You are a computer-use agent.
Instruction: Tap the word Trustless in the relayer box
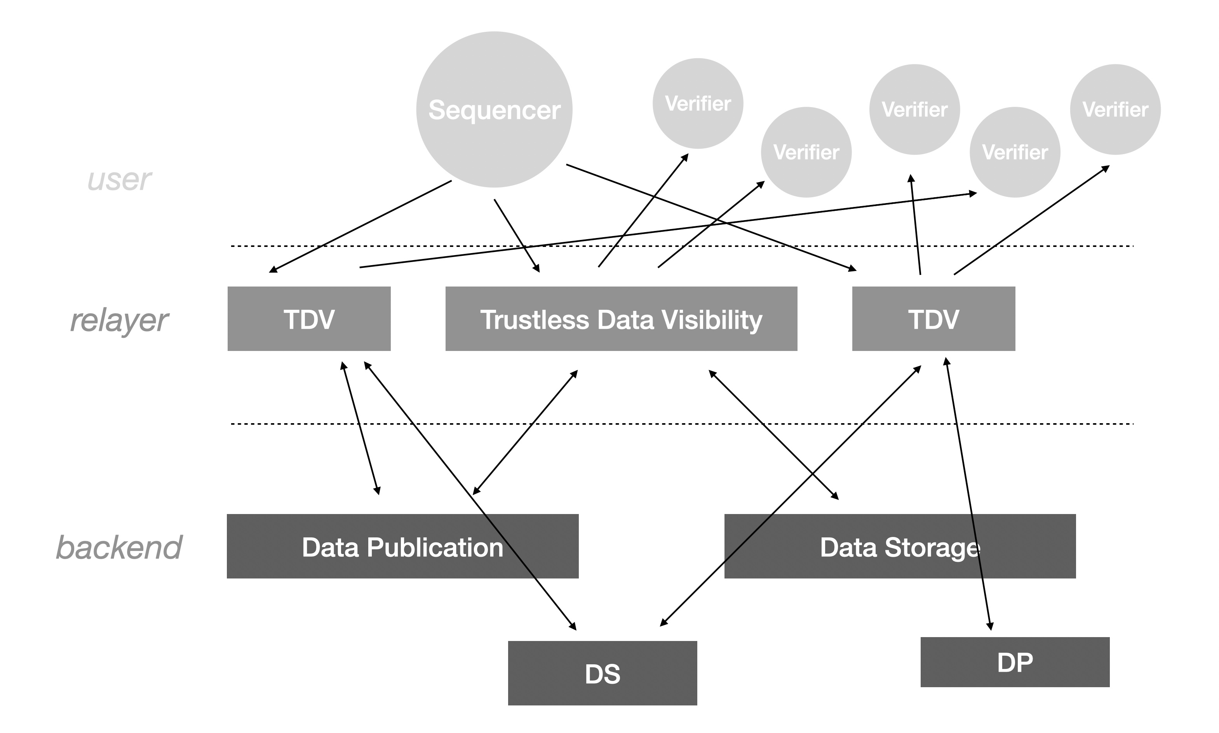(x=535, y=320)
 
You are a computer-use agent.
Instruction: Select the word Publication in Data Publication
(x=435, y=547)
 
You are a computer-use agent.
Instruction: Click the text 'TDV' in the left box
(x=309, y=320)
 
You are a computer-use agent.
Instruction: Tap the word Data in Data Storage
(x=848, y=547)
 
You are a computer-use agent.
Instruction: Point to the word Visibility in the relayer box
(x=712, y=320)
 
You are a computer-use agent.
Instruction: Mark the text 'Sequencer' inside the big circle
(x=494, y=109)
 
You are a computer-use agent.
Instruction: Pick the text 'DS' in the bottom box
(x=603, y=674)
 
